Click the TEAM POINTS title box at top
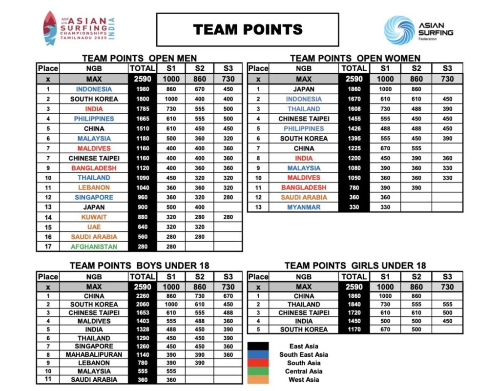pyautogui.click(x=247, y=29)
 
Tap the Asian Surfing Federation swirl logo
pyautogui.click(x=399, y=30)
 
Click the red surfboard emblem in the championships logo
pyautogui.click(x=50, y=28)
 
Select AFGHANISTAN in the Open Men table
pyautogui.click(x=94, y=247)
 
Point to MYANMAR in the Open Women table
pyautogui.click(x=303, y=207)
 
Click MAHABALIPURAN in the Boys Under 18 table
pyautogui.click(x=94, y=354)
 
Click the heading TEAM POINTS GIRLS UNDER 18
pyautogui.click(x=355, y=266)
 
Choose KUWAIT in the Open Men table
pyautogui.click(x=94, y=217)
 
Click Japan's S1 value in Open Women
pyautogui.click(x=385, y=89)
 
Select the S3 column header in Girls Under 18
pyautogui.click(x=447, y=277)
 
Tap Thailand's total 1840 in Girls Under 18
pyautogui.click(x=354, y=304)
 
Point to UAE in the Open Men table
pyautogui.click(x=94, y=227)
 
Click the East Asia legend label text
pyautogui.click(x=303, y=346)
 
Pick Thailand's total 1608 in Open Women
pyautogui.click(x=354, y=109)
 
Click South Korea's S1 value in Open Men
pyautogui.click(x=171, y=99)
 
